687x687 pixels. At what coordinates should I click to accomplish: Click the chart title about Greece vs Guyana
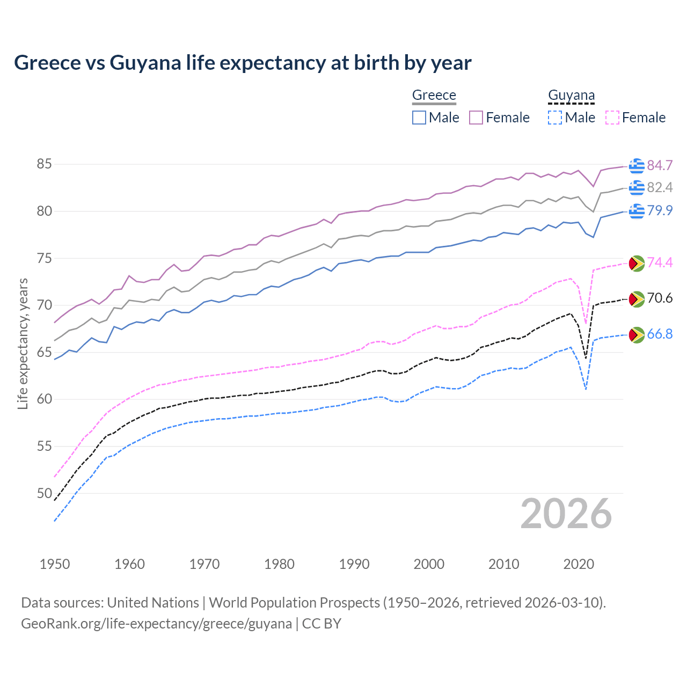243,63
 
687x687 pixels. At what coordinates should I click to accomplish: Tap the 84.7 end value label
660,165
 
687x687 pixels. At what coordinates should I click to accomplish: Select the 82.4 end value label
660,187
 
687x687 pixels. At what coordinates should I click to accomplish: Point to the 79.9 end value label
660,210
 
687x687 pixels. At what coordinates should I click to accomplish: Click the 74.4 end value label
660,262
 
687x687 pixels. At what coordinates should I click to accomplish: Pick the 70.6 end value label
660,298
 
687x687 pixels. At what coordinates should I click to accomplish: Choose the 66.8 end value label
660,334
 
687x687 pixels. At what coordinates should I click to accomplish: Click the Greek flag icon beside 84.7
637,166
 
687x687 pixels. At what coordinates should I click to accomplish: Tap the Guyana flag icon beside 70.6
637,299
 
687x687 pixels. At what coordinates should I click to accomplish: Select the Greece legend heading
434,95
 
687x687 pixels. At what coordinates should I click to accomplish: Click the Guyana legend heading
571,95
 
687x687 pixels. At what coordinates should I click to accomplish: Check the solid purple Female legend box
476,118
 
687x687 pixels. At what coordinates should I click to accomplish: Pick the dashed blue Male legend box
555,118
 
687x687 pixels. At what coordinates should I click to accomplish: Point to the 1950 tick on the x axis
55,564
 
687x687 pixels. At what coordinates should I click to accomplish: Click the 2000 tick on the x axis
429,564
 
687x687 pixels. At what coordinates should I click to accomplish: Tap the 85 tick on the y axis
45,164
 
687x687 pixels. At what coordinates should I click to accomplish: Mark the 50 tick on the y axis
45,493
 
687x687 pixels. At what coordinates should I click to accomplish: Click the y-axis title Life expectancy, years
23,343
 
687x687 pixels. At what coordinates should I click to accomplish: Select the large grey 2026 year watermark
566,514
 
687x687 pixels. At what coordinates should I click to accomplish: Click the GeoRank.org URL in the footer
156,624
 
